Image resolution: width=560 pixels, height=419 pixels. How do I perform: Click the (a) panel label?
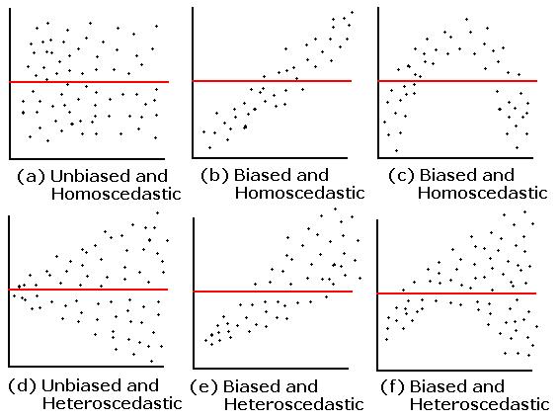[31, 177]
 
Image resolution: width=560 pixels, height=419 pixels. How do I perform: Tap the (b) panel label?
[214, 175]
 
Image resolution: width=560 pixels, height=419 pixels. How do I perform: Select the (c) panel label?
[401, 175]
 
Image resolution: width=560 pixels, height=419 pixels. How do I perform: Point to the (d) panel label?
[22, 385]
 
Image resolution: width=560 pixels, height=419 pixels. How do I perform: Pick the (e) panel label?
[203, 386]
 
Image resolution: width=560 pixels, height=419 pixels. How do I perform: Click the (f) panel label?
[392, 386]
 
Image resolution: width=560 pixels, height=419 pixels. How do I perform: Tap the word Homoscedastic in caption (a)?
[117, 194]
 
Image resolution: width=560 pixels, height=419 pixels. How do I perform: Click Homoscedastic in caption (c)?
[483, 193]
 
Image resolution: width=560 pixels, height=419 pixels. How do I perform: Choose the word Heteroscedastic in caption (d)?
[113, 403]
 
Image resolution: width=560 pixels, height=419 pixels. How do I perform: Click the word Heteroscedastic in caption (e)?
[294, 404]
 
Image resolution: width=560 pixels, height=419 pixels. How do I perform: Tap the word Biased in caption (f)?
[439, 386]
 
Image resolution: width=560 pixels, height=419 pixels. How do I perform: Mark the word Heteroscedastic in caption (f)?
[479, 404]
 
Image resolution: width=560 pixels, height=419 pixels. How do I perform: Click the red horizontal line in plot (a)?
[89, 82]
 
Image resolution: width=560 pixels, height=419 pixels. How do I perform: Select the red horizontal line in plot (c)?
[457, 81]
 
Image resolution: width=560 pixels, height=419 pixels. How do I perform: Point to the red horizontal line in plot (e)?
[273, 292]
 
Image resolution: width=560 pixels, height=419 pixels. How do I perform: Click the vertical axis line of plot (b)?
[193, 82]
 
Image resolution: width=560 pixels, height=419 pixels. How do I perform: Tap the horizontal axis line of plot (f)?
[454, 370]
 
